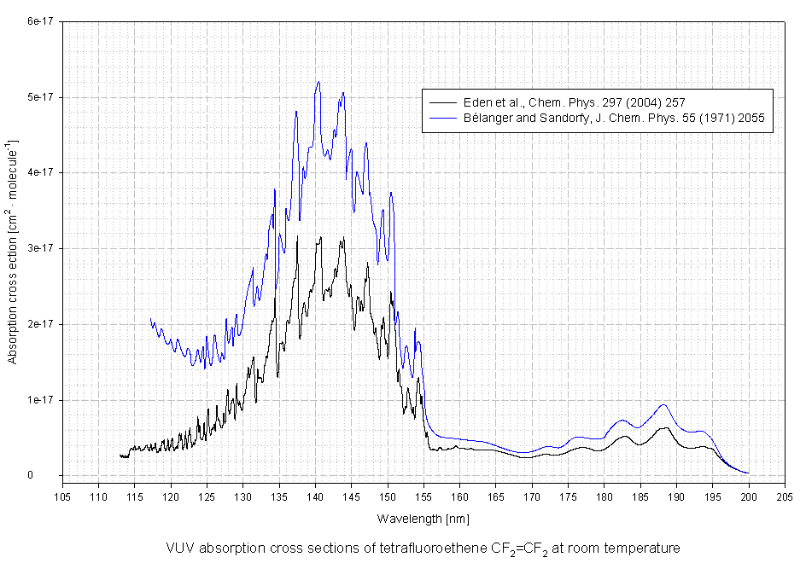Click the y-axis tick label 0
[52, 476]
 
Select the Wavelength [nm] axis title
[423, 518]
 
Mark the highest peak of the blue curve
[318, 82]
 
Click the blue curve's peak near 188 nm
[663, 404]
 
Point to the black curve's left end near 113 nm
[120, 456]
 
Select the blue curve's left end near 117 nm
[150, 318]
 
